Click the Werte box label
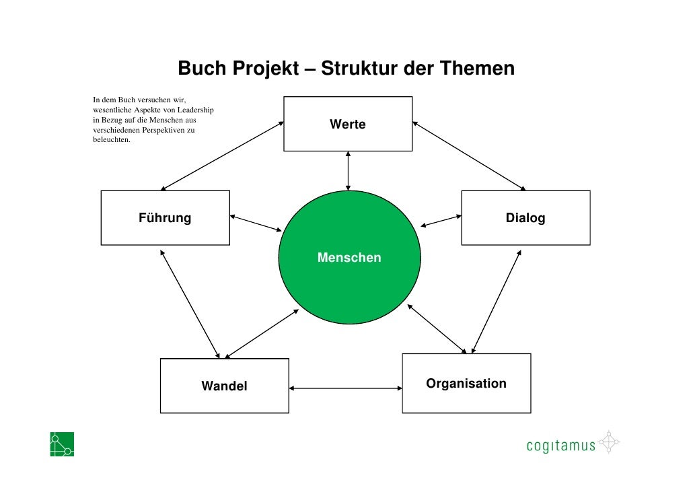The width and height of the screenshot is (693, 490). tap(348, 125)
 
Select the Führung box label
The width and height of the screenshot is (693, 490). tap(165, 218)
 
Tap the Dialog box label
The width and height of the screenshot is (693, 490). tap(525, 218)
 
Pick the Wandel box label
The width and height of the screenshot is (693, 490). tap(224, 386)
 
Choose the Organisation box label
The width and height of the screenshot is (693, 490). tap(466, 384)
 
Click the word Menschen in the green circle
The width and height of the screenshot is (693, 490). tap(349, 258)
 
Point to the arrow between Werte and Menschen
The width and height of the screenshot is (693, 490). tap(348, 171)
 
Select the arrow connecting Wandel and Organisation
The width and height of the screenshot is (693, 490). tap(345, 388)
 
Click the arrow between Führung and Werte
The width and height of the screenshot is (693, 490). tap(222, 156)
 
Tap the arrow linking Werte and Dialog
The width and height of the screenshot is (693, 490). tap(469, 155)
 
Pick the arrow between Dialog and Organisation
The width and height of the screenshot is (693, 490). tap(496, 302)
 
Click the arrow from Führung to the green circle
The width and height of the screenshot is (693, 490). tap(256, 223)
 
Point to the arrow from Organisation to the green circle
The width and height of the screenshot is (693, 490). tap(437, 328)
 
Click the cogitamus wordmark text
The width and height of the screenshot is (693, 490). tap(560, 445)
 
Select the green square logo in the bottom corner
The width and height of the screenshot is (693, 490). tap(62, 444)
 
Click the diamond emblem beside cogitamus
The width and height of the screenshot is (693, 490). tap(608, 443)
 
